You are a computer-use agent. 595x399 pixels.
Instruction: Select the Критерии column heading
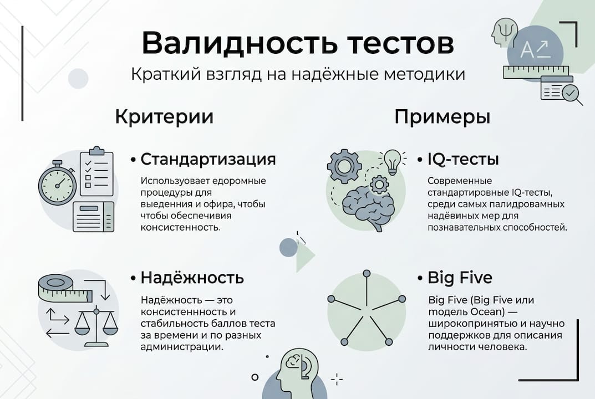(164, 117)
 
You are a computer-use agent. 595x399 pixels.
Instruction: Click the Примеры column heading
(442, 117)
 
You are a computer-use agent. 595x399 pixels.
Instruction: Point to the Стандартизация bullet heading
(208, 160)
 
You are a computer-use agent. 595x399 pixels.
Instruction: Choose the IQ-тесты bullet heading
(463, 160)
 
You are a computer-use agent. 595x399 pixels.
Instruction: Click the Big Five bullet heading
(460, 277)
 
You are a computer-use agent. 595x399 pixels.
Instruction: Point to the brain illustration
(368, 205)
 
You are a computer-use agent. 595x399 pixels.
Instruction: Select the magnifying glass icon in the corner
(571, 93)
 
